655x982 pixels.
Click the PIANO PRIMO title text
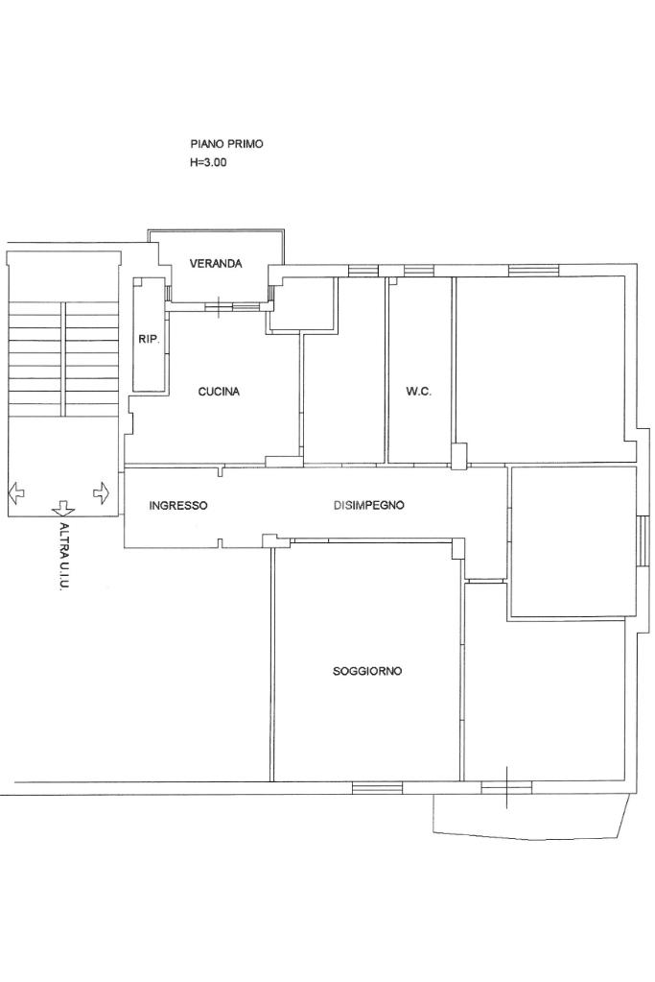(x=226, y=144)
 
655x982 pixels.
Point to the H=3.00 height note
(x=208, y=163)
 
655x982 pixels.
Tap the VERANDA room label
(x=216, y=264)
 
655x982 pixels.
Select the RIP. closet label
(x=149, y=340)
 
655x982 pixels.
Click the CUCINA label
(x=219, y=392)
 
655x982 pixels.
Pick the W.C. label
(x=418, y=392)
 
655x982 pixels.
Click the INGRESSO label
(x=178, y=506)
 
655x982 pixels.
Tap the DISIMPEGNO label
(x=368, y=505)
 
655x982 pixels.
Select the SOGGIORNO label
(x=367, y=671)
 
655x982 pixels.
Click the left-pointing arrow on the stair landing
(x=16, y=492)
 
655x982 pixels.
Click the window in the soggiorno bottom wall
(x=377, y=787)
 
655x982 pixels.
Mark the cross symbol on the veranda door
(x=218, y=307)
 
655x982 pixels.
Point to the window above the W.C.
(x=418, y=270)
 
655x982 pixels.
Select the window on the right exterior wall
(x=642, y=541)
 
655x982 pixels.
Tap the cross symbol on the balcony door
(x=506, y=786)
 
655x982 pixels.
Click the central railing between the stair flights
(x=63, y=359)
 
